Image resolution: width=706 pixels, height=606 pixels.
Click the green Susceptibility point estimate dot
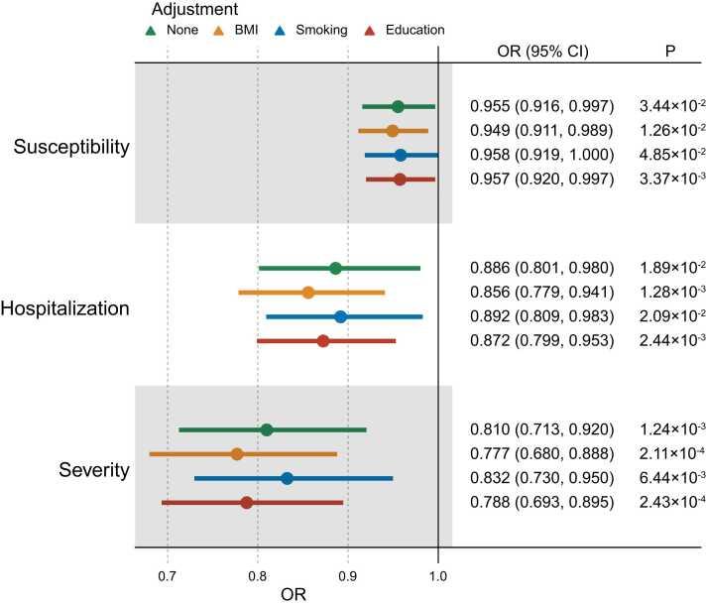[x=398, y=106]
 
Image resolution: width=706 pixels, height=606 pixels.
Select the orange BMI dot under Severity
[x=237, y=454]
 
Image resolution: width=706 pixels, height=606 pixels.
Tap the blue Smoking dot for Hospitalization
[x=340, y=317]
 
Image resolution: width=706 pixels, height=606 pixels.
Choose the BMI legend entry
[x=234, y=30]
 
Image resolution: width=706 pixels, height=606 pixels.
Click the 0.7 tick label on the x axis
[x=168, y=573]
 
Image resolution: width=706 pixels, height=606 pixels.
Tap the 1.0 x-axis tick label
[x=438, y=573]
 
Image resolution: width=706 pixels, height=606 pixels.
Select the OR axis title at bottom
[x=294, y=595]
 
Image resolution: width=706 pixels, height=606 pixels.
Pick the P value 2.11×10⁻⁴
[x=672, y=454]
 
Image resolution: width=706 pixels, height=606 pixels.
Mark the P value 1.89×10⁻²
[x=672, y=269]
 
